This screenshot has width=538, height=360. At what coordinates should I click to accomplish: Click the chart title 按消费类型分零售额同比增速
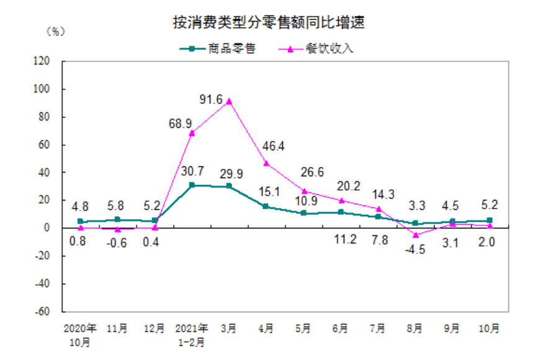point(268,23)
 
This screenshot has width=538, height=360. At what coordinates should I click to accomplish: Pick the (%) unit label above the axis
point(55,32)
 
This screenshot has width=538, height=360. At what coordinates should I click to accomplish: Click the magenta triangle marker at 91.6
point(229,101)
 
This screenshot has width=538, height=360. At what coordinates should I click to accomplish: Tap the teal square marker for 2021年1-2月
point(192,185)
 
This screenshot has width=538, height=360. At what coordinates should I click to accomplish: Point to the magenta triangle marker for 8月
point(415,235)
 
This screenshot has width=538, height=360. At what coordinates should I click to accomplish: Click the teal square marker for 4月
point(266,207)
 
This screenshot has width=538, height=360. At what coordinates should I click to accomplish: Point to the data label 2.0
point(490,242)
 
